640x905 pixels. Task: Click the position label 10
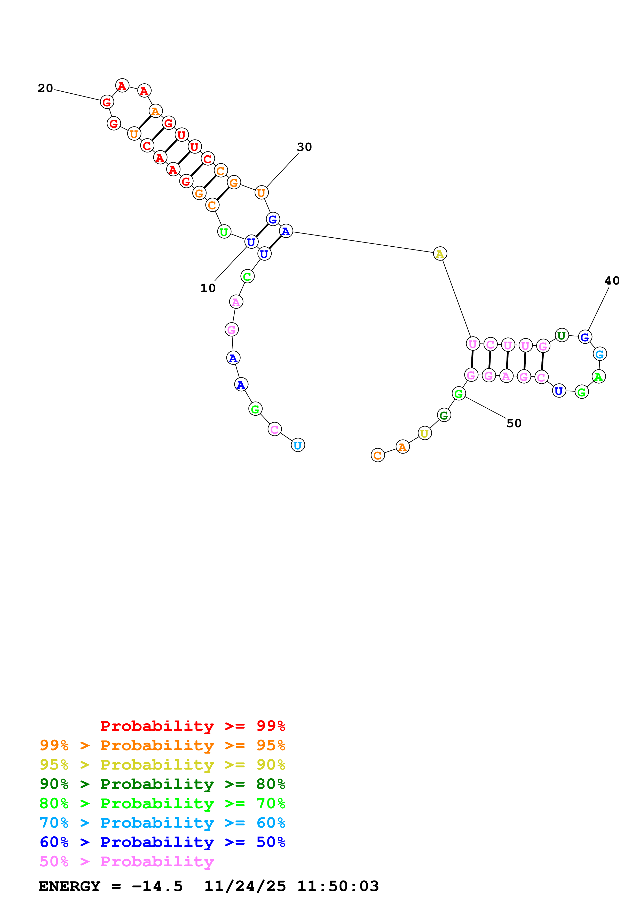point(208,288)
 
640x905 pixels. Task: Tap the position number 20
point(45,88)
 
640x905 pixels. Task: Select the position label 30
point(304,147)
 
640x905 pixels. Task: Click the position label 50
point(514,423)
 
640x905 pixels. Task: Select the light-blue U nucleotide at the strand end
point(298,445)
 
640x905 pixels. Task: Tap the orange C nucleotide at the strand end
point(377,455)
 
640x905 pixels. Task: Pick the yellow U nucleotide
point(424,433)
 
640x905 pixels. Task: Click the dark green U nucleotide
point(562,335)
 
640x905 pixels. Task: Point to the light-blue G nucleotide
point(599,354)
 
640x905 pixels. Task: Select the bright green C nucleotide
point(247,277)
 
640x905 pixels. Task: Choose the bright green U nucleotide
point(224,232)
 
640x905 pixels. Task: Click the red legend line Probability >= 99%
point(192,726)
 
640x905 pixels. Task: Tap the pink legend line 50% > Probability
point(127,862)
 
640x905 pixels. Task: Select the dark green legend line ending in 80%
point(162,784)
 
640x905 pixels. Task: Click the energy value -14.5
point(157,886)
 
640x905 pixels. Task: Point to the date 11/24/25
point(244,886)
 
